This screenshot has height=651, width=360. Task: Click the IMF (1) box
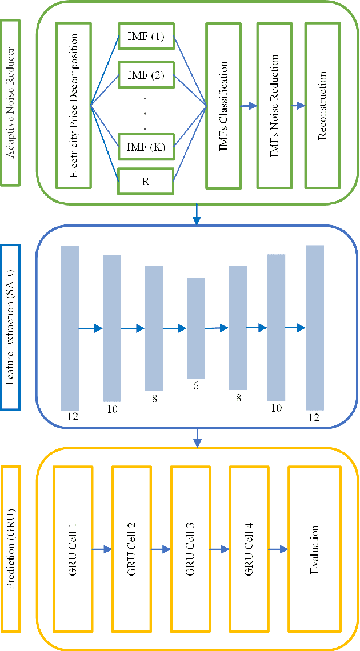[x=145, y=38]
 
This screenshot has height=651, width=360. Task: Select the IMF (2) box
[x=145, y=76]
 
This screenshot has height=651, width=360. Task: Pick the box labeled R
[x=145, y=182]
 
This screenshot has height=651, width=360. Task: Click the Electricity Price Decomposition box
[x=73, y=105]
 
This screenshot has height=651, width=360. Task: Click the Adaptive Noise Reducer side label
[x=11, y=103]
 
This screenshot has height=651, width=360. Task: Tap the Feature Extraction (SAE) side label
[x=11, y=327]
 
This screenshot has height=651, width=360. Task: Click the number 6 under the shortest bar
[x=195, y=386]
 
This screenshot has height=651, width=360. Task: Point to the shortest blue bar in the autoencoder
[x=195, y=328]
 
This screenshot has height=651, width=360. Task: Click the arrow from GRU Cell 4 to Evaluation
[x=277, y=549]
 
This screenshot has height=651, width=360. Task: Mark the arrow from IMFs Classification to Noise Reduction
[x=249, y=106]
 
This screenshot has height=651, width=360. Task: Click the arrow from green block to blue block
[x=197, y=214]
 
